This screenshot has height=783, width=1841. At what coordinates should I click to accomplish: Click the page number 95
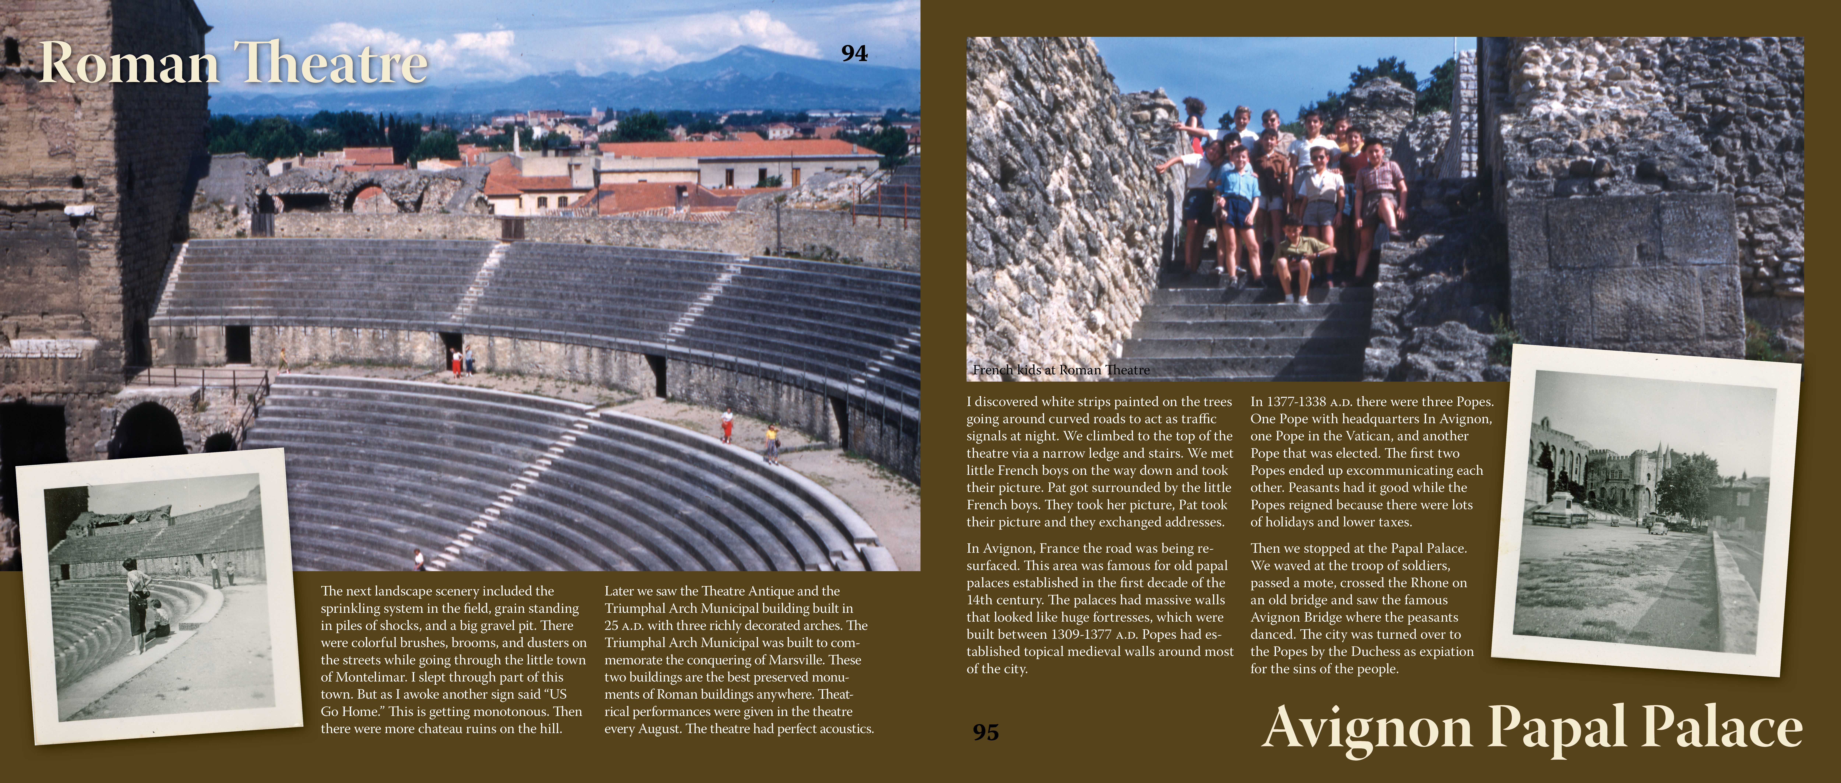click(985, 732)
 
